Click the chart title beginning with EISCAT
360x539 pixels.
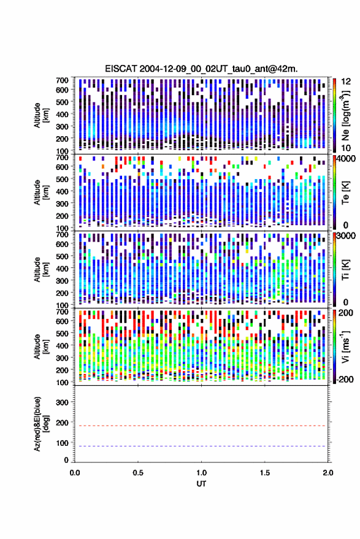click(x=202, y=69)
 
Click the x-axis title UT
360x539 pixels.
click(x=202, y=484)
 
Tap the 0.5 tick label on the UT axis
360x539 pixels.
click(x=138, y=473)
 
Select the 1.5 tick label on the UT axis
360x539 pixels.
click(x=265, y=473)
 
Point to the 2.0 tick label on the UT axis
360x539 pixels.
click(x=328, y=473)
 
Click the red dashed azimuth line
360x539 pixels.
click(x=202, y=426)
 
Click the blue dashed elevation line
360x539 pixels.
click(x=202, y=446)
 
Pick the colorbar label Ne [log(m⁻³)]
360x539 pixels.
click(x=345, y=115)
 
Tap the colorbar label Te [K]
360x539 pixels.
click(x=345, y=193)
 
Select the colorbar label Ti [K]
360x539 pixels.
click(x=345, y=270)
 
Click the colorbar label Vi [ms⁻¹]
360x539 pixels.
click(x=345, y=346)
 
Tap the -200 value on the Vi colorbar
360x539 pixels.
click(x=345, y=379)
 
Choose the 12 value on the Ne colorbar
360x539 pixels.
click(x=346, y=82)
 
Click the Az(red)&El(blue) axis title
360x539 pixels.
click(x=41, y=424)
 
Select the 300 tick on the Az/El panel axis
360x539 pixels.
click(x=62, y=402)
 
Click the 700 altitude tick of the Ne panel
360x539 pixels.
click(x=62, y=80)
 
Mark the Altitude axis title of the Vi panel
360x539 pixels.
click(x=41, y=346)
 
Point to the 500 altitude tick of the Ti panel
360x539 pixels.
click(x=62, y=256)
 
